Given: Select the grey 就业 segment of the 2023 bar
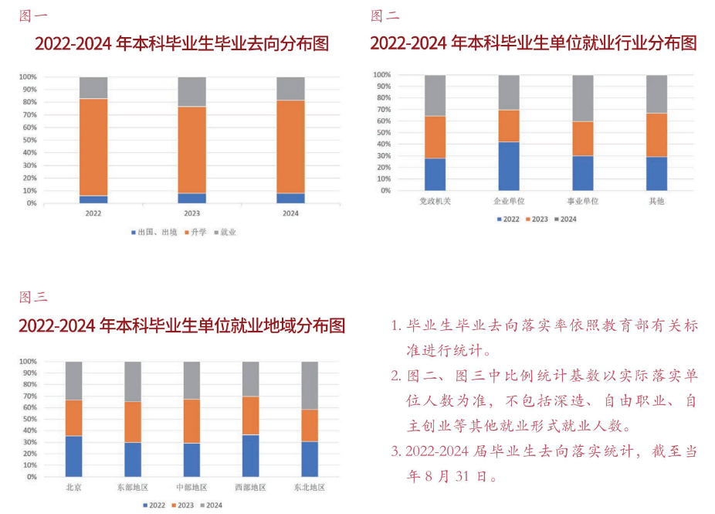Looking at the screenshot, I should click(191, 91).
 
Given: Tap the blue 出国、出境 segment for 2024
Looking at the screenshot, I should click(290, 198).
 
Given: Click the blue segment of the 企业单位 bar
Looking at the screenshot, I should click(508, 165).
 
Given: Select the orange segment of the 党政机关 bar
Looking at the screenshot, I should click(435, 137).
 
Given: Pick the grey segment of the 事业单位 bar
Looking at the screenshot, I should click(582, 98).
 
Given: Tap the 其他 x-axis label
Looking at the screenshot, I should click(656, 201).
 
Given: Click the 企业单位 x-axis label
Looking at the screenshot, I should click(508, 201).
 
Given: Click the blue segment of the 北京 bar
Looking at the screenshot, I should click(74, 456).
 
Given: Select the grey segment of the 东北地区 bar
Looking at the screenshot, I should click(309, 385).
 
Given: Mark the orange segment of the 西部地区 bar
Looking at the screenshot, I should click(250, 416).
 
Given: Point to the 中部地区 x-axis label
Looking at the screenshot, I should click(191, 488).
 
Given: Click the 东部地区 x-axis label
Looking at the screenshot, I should click(133, 488).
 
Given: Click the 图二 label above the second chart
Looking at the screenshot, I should click(385, 15).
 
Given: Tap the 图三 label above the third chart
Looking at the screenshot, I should click(34, 297).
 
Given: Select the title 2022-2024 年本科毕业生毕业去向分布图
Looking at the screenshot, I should click(181, 43).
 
